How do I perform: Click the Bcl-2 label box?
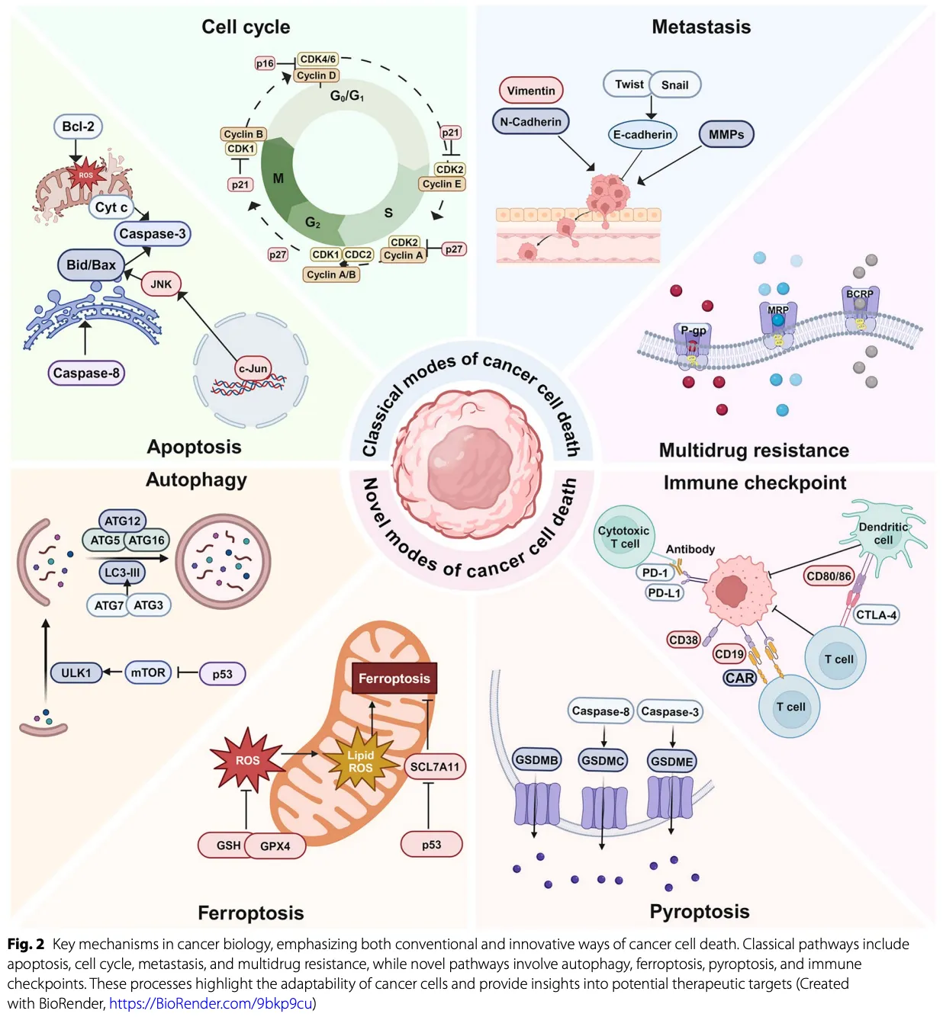pos(78,127)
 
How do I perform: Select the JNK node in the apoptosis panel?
pos(161,284)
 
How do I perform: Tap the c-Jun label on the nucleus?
pos(253,369)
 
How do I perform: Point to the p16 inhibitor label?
pos(265,63)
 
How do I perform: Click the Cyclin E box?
pos(442,184)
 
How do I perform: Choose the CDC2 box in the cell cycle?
pos(358,255)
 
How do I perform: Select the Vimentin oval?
pos(531,91)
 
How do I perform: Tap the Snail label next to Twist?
pos(674,85)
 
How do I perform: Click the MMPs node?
pos(726,135)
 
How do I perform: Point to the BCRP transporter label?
pos(860,294)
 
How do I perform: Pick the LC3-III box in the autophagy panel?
pos(122,573)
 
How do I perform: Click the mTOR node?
pos(147,672)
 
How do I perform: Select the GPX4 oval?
pos(275,845)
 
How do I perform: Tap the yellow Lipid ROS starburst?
pos(361,761)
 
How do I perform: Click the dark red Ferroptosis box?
pos(394,678)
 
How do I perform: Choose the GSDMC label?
pos(603,760)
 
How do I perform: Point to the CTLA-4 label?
pos(876,614)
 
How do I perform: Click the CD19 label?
pos(729,653)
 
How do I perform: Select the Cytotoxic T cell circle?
pos(623,537)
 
